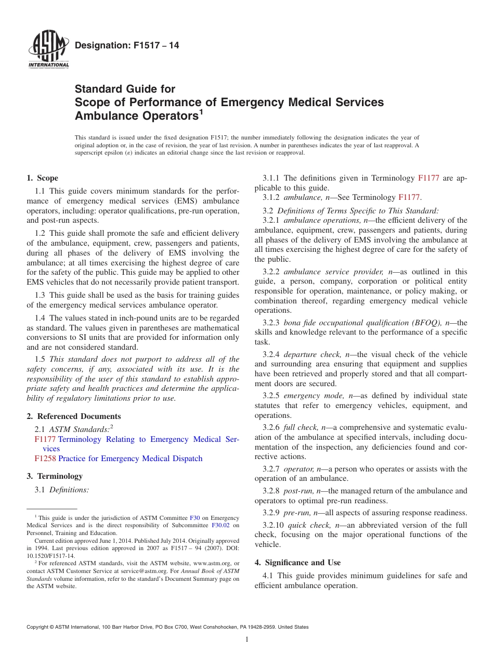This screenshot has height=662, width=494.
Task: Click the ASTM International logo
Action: coord(48,50)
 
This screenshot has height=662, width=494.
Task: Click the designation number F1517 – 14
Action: coord(127,46)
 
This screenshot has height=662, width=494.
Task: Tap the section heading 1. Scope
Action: coord(42,178)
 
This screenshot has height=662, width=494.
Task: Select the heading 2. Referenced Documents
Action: coord(73,416)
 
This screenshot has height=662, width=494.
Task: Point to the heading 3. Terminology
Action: coord(55,476)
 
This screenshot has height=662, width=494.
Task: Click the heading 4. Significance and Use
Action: coord(297,563)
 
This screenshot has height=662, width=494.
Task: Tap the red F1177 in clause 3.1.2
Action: coord(409,197)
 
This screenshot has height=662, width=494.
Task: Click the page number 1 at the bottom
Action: coord(247,640)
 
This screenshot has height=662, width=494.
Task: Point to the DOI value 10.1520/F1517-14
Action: coord(50,555)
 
